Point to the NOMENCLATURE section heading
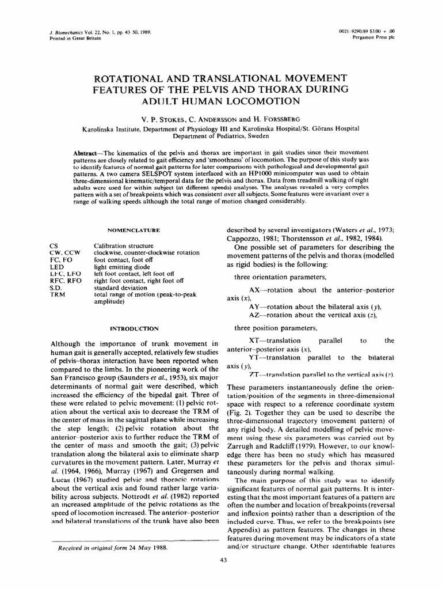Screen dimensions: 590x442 (132, 230)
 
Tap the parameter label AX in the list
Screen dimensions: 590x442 (255, 290)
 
